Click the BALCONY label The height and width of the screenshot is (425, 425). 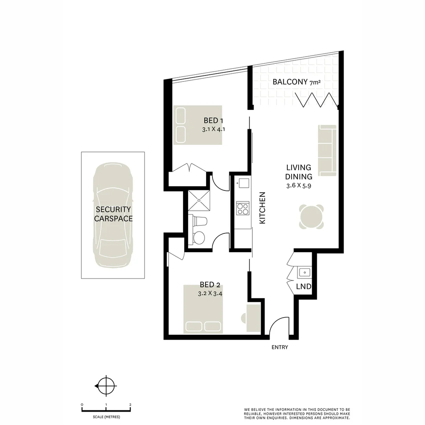click(290, 82)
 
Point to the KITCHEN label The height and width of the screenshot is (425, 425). click(262, 208)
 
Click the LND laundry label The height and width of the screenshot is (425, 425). click(303, 287)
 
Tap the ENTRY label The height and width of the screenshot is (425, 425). click(280, 347)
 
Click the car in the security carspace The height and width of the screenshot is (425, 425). click(113, 215)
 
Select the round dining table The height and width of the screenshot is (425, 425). click(311, 216)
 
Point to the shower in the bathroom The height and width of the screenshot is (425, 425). click(199, 200)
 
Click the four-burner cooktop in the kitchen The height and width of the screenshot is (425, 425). click(242, 208)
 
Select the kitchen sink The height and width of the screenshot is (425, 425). click(243, 183)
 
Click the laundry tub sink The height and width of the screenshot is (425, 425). click(304, 272)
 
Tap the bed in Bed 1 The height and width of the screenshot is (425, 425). click(198, 124)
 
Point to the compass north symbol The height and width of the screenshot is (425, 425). click(106, 386)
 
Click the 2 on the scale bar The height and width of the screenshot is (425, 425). click(130, 405)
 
